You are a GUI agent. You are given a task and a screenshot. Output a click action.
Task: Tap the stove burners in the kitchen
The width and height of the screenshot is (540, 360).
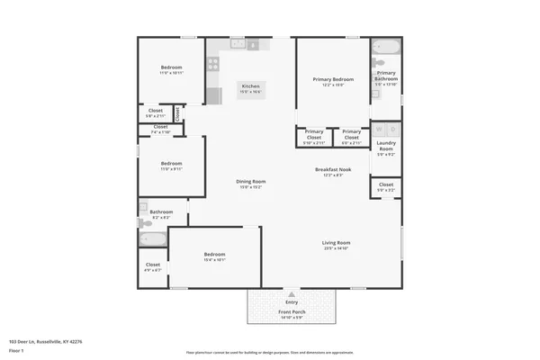pos(214,64)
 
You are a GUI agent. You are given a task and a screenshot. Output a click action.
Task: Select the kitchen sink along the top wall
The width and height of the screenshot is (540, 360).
pos(238,43)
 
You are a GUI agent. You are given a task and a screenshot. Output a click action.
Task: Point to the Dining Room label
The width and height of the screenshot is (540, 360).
pos(250,184)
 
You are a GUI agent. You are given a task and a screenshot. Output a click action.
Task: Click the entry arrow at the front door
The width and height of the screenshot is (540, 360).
pos(291,294)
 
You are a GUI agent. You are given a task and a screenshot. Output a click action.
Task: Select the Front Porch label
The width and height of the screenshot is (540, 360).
pos(291,313)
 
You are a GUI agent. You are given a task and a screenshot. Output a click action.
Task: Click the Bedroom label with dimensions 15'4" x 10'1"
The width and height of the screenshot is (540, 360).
pos(214,256)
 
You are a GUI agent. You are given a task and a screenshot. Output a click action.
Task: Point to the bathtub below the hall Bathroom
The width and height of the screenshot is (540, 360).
pos(152,239)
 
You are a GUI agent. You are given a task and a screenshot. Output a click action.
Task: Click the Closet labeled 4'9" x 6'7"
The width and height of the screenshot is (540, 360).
pos(153,267)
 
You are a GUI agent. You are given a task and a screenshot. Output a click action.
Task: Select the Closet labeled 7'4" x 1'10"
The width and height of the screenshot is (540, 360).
pos(160,130)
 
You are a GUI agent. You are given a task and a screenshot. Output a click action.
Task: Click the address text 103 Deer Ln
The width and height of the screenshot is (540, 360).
pos(45,342)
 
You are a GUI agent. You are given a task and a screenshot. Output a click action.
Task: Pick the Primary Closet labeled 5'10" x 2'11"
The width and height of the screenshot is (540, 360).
pos(314,138)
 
